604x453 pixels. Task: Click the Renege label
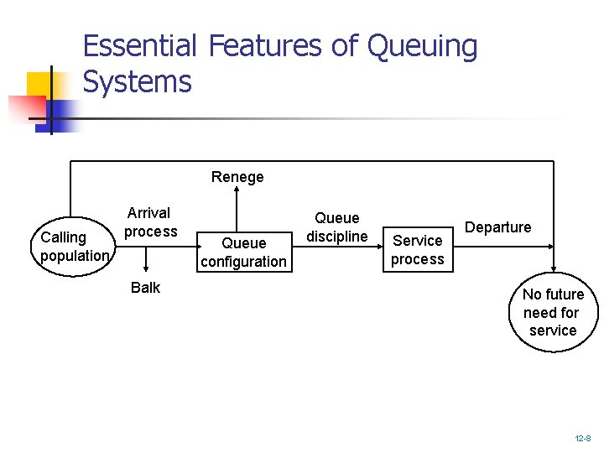click(x=237, y=177)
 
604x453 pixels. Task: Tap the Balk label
click(x=145, y=288)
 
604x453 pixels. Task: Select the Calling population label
click(x=74, y=247)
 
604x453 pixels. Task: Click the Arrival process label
click(x=151, y=222)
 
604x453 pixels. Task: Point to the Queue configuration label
click(x=243, y=253)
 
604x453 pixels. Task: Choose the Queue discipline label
click(x=336, y=227)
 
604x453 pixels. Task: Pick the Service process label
click(x=418, y=250)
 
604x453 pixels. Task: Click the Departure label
click(x=498, y=227)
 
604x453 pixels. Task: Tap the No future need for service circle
click(x=553, y=312)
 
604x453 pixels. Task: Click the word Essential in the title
click(x=140, y=46)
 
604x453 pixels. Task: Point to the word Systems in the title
click(x=138, y=82)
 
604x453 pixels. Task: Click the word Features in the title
click(x=265, y=46)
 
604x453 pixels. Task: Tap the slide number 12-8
click(x=583, y=439)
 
